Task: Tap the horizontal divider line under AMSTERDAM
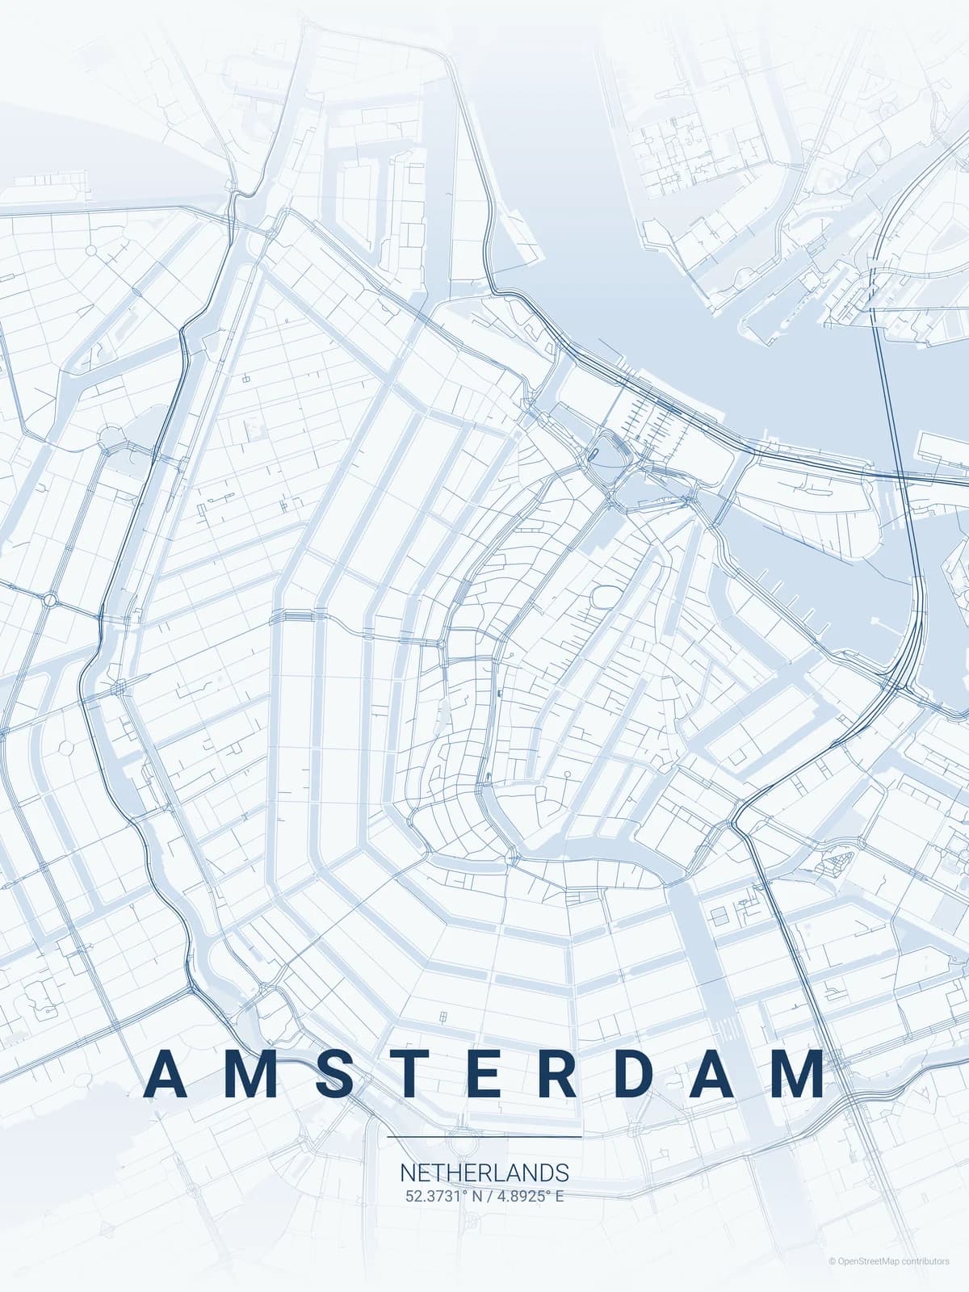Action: coord(484,1137)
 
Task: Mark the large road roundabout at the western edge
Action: coord(51,600)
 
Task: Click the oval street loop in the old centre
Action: coord(603,598)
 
